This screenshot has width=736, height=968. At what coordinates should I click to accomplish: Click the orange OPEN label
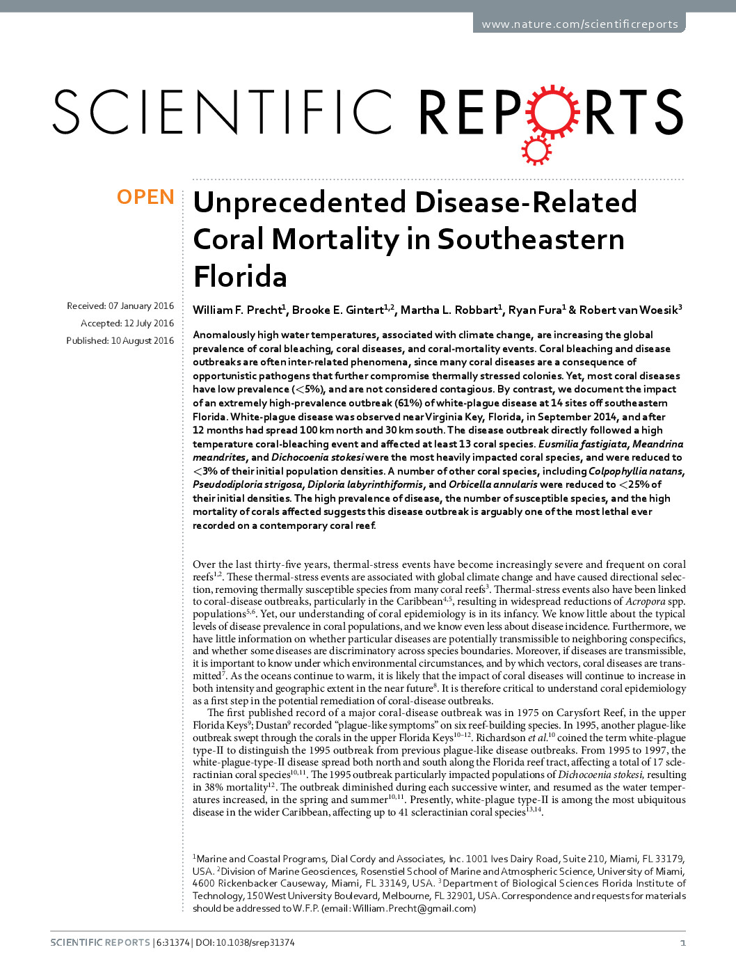click(x=145, y=198)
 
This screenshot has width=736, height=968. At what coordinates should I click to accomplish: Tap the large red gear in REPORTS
click(x=552, y=111)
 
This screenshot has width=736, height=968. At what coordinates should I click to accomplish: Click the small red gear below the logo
click(x=536, y=149)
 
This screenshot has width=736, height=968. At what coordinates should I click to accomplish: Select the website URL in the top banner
click(x=579, y=24)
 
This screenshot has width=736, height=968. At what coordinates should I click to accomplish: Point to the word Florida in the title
click(x=240, y=277)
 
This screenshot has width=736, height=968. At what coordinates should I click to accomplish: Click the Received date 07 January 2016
click(x=120, y=306)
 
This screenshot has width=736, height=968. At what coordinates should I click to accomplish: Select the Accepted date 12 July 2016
click(x=127, y=324)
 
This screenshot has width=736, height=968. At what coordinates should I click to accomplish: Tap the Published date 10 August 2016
click(x=120, y=341)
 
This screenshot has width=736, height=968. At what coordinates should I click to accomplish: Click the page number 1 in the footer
click(x=682, y=943)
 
